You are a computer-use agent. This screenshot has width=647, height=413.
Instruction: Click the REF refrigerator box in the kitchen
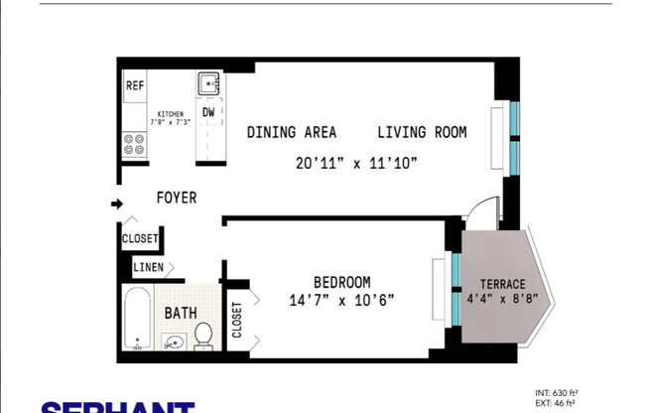pos(135,85)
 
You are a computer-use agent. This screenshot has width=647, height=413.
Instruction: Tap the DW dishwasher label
pos(209,112)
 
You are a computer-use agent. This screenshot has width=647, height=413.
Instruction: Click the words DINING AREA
pos(292,132)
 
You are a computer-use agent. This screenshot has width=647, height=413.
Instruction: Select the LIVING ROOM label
pos(421,132)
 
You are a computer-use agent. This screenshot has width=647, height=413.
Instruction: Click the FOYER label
pos(177,198)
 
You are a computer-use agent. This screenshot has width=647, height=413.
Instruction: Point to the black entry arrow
pos(116,205)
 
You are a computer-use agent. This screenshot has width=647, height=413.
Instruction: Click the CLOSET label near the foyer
pos(139,239)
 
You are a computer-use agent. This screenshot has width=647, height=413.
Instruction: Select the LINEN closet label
pos(151,267)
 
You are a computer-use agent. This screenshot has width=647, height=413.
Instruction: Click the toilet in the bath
pos(203,336)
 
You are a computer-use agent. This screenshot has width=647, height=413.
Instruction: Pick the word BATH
pos(181,313)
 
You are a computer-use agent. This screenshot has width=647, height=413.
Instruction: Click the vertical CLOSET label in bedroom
pos(237,321)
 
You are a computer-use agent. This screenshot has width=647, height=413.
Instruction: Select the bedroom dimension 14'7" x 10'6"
pos(342,300)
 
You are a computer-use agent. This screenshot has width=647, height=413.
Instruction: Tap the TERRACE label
pos(502,283)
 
